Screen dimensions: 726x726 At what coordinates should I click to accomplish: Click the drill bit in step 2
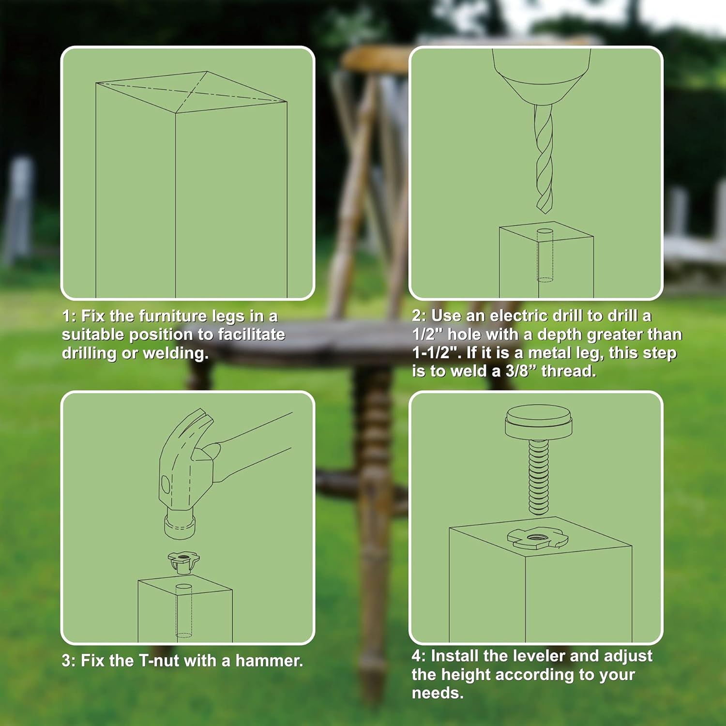pos(544,160)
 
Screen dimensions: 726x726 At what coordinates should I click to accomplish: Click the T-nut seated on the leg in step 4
pos(536,538)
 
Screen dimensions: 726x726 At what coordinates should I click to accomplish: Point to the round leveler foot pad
pos(538,421)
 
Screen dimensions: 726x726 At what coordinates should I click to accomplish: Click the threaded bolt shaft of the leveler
pos(538,477)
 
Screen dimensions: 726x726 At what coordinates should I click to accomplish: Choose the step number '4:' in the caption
pos(419,656)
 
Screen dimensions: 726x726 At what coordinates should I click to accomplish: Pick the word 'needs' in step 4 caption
pos(436,693)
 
